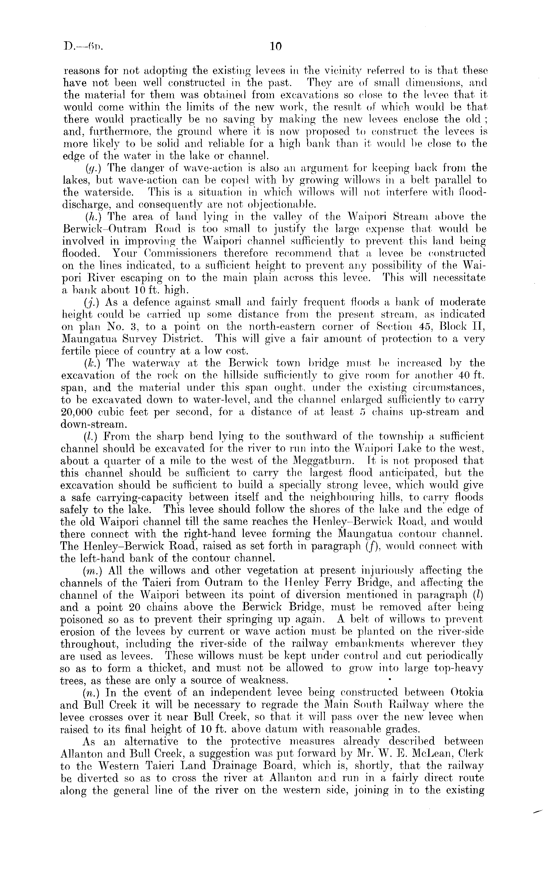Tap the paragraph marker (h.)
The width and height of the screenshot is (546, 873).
pos(90,217)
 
